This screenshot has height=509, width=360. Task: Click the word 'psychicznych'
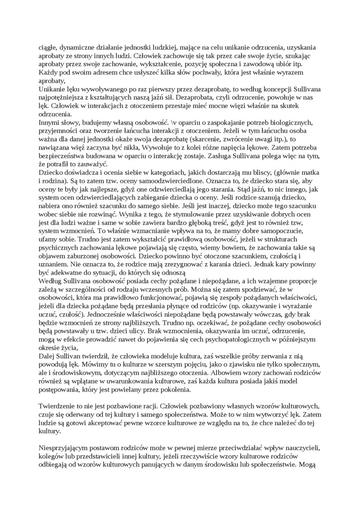pos(59,249)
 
